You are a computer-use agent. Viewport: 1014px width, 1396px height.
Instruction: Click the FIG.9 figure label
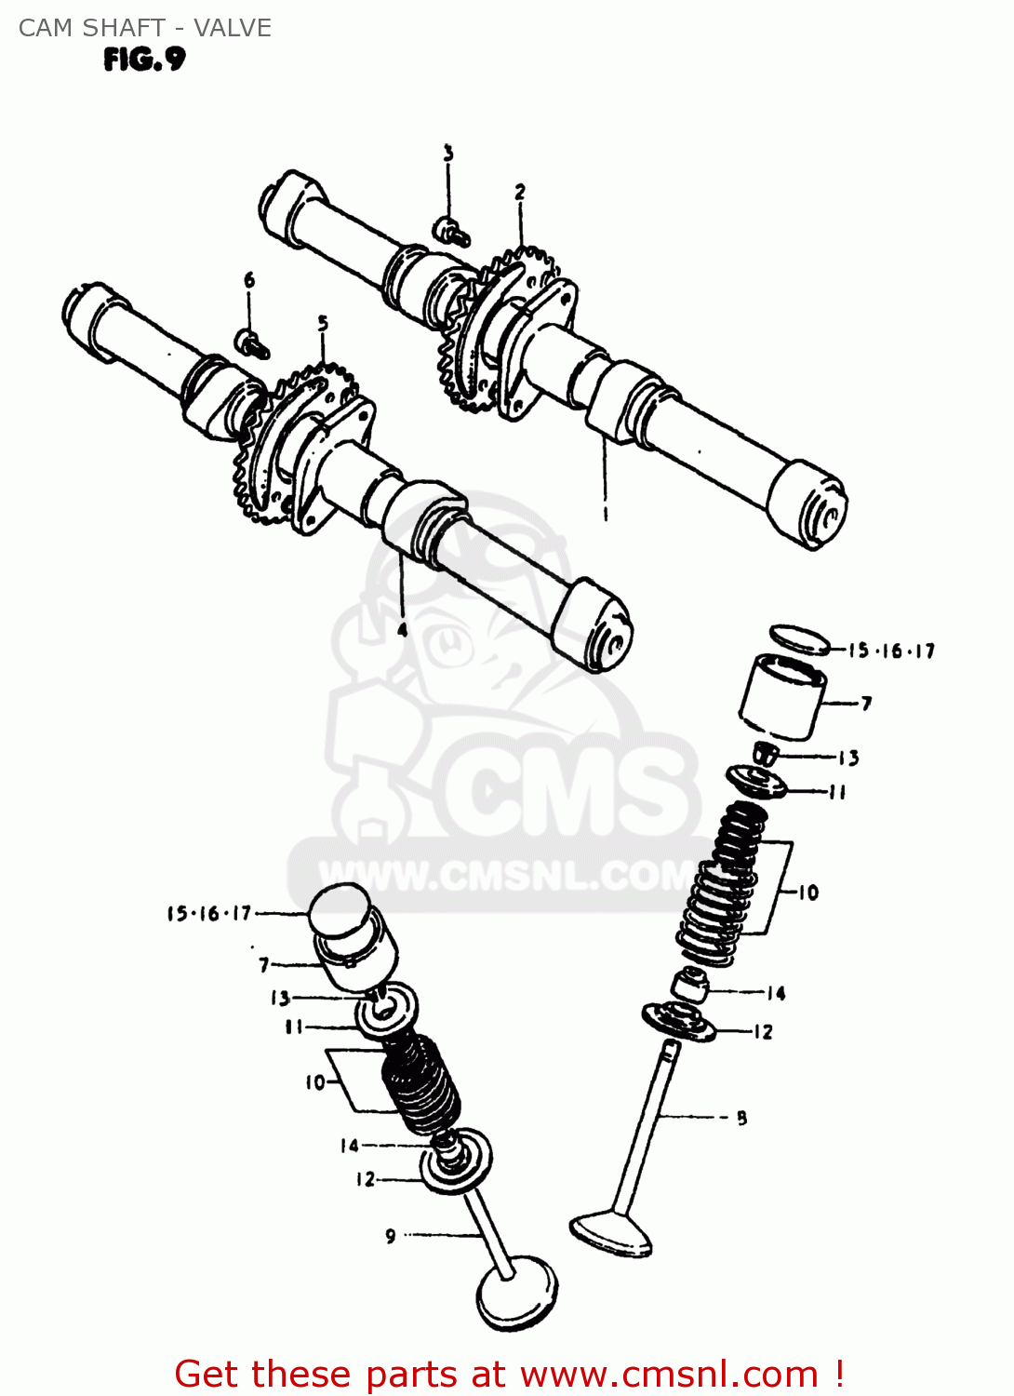click(144, 60)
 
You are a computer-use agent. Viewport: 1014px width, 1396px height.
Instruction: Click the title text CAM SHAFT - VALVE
click(145, 28)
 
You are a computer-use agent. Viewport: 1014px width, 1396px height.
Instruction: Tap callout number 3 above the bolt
click(448, 154)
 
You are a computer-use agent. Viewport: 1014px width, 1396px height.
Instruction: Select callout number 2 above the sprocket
click(520, 192)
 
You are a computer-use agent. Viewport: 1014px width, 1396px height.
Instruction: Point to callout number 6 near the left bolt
click(249, 280)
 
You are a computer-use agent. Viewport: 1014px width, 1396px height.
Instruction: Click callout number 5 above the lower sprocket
click(323, 324)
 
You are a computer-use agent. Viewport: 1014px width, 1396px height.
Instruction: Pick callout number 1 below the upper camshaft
click(606, 513)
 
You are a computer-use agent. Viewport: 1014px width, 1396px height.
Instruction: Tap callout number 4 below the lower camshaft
click(402, 630)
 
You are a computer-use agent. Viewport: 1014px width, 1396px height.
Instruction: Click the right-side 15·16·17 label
click(890, 651)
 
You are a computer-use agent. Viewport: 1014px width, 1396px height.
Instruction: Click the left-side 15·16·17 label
click(209, 913)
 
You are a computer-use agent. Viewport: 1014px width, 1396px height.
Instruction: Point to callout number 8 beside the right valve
click(741, 1118)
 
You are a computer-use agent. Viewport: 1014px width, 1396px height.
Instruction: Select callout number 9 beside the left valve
click(391, 1236)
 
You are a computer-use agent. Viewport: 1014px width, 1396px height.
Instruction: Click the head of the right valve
click(611, 1233)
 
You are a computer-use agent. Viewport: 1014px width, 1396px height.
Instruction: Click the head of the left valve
click(516, 1294)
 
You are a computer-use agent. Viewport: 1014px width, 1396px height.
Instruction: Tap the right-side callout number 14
click(776, 993)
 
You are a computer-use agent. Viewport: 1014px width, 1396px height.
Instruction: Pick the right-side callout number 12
click(763, 1031)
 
